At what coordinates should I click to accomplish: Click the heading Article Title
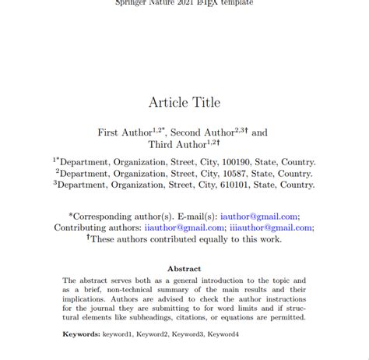pyautogui.click(x=184, y=101)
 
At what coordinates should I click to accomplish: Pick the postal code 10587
pyautogui.click(x=241, y=174)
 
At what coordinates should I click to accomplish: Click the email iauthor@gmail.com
pyautogui.click(x=259, y=217)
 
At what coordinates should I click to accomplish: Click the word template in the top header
pyautogui.click(x=236, y=2)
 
